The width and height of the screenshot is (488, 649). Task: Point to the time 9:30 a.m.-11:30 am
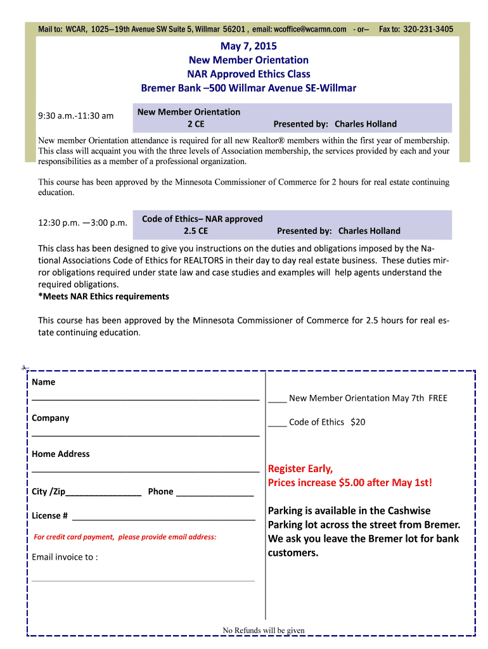[x=76, y=116]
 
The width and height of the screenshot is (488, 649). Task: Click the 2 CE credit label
[x=195, y=124]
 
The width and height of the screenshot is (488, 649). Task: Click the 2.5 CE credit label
[x=195, y=231]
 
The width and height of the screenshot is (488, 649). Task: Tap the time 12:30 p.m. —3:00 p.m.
[x=82, y=223]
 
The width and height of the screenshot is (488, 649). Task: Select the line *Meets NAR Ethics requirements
[x=104, y=297]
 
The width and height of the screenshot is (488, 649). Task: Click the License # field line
[x=164, y=518]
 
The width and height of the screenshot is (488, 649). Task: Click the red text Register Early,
[x=300, y=469]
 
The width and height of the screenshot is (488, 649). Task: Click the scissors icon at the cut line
[x=24, y=368]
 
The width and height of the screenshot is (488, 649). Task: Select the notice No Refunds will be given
[x=264, y=631]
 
